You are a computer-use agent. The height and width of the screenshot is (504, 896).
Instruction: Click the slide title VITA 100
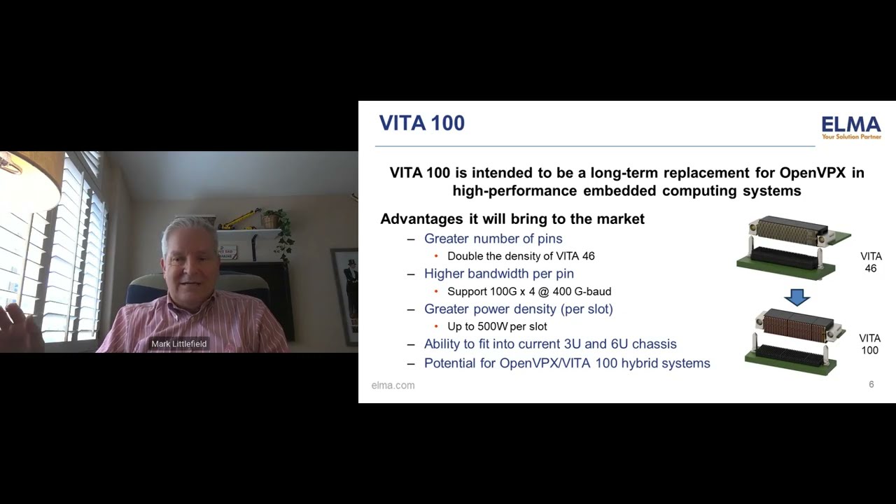tap(421, 123)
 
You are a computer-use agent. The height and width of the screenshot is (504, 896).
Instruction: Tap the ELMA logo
tap(850, 127)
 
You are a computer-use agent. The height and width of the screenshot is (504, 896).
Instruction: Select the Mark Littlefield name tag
tap(179, 344)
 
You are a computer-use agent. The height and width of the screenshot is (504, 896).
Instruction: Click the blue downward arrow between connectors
tap(797, 297)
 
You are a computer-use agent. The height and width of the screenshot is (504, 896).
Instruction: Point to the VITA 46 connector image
tap(793, 246)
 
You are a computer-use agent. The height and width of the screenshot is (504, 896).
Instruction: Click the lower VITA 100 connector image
tap(790, 341)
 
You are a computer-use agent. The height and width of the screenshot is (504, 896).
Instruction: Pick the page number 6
tap(871, 384)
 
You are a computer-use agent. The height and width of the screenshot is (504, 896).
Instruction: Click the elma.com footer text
tap(393, 385)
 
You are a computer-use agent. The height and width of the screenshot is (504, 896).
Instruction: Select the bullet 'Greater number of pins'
tap(493, 239)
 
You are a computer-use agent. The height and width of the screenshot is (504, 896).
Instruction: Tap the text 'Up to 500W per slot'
tap(497, 326)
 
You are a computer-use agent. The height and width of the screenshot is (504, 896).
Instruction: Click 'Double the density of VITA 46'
tap(521, 256)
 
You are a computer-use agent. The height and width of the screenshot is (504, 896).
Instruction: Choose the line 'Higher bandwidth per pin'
tap(498, 274)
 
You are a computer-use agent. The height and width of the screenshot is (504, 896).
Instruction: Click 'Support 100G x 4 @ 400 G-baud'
tap(529, 291)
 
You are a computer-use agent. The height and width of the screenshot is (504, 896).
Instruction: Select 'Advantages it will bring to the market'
tap(512, 219)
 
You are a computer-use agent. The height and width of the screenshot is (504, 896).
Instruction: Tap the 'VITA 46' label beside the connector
tap(871, 262)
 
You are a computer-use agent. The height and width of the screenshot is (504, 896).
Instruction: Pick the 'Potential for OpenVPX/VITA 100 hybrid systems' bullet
tap(567, 363)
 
